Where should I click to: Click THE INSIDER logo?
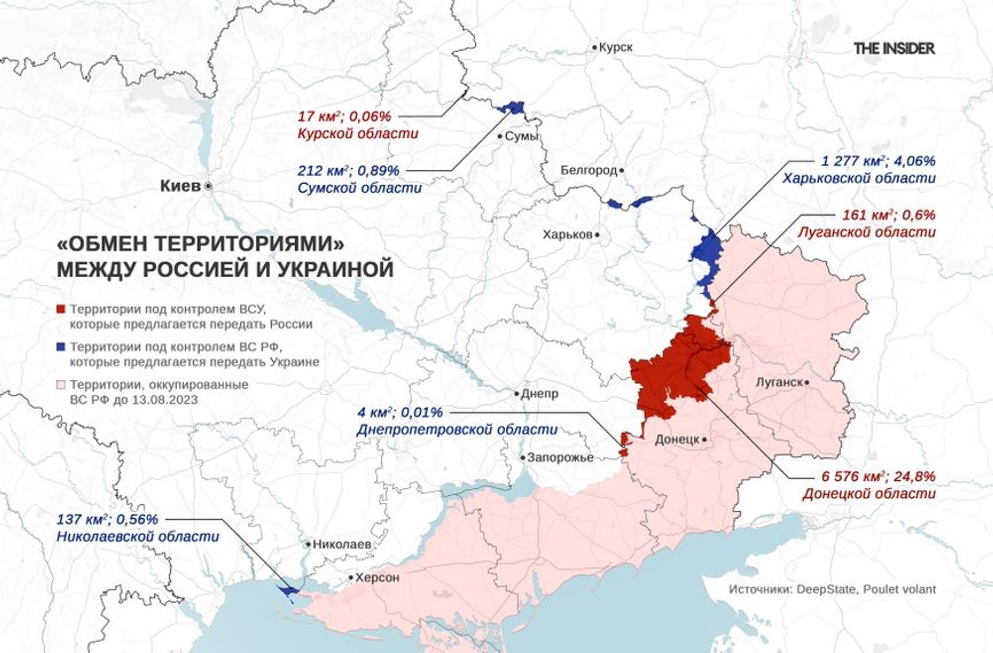[x=894, y=49]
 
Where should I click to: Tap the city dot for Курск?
[x=595, y=48]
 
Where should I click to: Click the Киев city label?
[x=180, y=186]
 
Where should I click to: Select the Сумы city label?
[x=521, y=136]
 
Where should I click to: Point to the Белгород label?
[x=589, y=170]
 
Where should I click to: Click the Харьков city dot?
[x=597, y=235]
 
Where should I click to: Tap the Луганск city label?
[x=779, y=382]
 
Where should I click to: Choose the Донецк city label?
[x=677, y=440]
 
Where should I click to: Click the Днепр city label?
[x=539, y=394]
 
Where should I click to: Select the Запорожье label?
[x=560, y=457]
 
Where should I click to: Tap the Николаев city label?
[x=342, y=544]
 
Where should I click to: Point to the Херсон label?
[x=377, y=578]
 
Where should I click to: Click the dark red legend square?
[x=61, y=310]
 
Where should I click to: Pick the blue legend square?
[x=61, y=347]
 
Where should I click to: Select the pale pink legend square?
[x=61, y=384]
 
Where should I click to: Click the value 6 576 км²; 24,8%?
[x=878, y=476]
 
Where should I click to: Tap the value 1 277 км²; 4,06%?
[x=878, y=161]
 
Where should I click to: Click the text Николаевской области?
[x=138, y=537]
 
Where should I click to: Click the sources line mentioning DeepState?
[x=832, y=589]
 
